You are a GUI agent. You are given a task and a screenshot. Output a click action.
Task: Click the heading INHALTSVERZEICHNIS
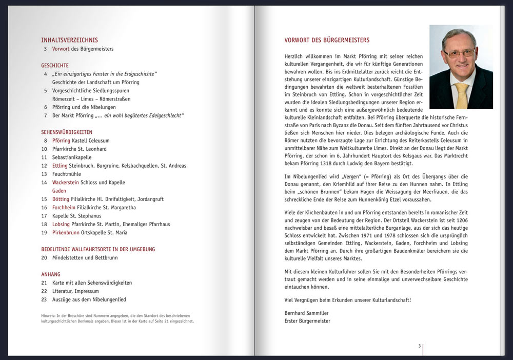(69, 40)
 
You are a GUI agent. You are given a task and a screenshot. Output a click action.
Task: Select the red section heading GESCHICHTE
(55, 66)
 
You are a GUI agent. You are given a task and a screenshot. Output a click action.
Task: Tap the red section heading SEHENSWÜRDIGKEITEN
(67, 132)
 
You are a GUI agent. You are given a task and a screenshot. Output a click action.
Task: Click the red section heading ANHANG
(51, 274)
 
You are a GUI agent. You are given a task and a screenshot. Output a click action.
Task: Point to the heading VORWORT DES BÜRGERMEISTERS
(327, 40)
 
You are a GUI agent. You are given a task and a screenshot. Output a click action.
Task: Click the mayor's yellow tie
(462, 95)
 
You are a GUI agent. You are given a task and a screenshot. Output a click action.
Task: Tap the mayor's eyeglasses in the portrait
(459, 53)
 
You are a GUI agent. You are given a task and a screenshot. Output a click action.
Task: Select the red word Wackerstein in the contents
(66, 183)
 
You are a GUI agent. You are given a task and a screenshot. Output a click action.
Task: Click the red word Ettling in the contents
(60, 166)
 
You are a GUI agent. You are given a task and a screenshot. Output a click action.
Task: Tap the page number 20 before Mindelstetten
(44, 258)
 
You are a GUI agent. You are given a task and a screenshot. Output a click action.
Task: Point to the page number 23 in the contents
(44, 299)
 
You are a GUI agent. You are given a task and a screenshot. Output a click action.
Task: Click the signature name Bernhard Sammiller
(306, 313)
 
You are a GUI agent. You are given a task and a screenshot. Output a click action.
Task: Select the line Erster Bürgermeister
(307, 321)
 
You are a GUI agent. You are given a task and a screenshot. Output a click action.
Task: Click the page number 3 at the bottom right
(419, 346)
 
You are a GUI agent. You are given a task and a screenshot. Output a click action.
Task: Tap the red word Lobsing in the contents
(61, 225)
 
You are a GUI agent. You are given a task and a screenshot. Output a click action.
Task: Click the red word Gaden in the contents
(59, 191)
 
